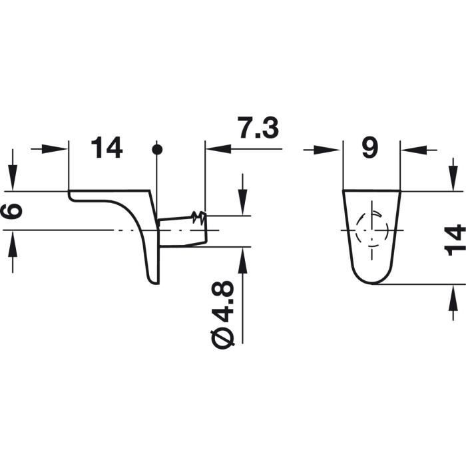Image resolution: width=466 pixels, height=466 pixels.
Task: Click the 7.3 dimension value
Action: [258, 128]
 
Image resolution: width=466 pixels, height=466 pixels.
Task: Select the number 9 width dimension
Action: [370, 147]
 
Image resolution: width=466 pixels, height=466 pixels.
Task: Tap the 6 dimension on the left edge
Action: [12, 211]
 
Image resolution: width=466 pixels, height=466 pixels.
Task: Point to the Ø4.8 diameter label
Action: [223, 315]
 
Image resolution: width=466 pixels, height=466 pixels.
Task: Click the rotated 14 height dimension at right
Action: [455, 240]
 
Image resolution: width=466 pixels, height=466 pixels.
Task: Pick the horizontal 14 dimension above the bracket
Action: [107, 147]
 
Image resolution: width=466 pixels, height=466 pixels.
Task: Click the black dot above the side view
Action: [157, 150]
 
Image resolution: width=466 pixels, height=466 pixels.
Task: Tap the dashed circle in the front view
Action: [372, 230]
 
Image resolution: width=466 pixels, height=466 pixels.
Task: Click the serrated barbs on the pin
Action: [198, 217]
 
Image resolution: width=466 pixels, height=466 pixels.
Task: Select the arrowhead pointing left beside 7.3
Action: [218, 148]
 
